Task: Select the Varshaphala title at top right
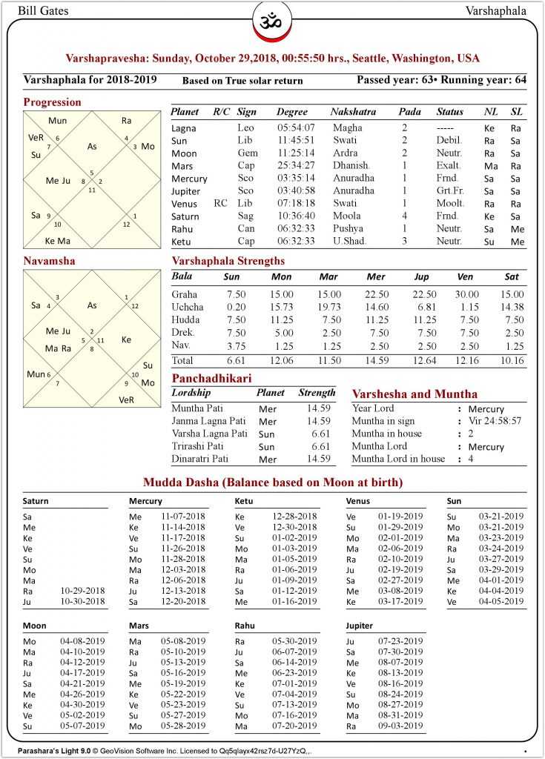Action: coord(496,10)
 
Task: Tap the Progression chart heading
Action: coord(52,102)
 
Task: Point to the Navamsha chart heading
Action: coord(49,262)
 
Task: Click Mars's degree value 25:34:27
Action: coord(296,166)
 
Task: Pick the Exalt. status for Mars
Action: coord(449,166)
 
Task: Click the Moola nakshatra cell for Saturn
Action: coord(346,216)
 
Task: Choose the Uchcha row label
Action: coord(188,307)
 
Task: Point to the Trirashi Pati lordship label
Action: coord(197,446)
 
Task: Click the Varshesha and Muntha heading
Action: coord(414,394)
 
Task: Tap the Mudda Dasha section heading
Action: coord(273,483)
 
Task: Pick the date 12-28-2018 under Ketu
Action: coord(296,517)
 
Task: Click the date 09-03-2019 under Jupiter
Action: coord(401,726)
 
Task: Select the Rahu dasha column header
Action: coord(245,626)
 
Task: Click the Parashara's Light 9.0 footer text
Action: coord(53,750)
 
